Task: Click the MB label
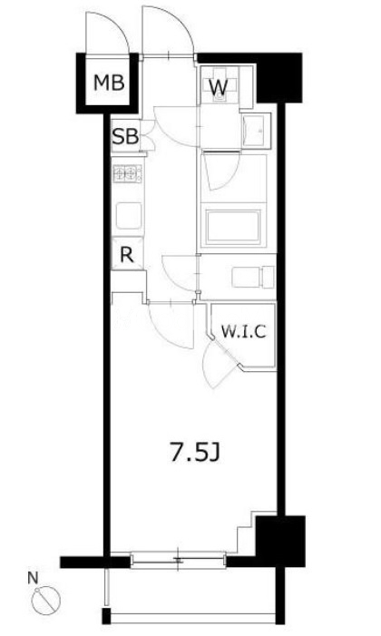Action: pyautogui.click(x=109, y=83)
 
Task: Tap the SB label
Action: pyautogui.click(x=126, y=137)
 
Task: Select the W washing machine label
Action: pyautogui.click(x=219, y=86)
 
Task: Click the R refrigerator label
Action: pyautogui.click(x=127, y=255)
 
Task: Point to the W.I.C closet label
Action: pyautogui.click(x=243, y=331)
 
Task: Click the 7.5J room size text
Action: pyautogui.click(x=195, y=452)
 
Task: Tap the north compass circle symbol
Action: pyautogui.click(x=46, y=599)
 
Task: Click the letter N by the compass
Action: pyautogui.click(x=33, y=577)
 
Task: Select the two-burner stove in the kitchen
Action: pyautogui.click(x=128, y=173)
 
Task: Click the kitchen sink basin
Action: pyautogui.click(x=129, y=215)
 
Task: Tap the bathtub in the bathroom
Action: pyautogui.click(x=233, y=227)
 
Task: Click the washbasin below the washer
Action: pyautogui.click(x=255, y=131)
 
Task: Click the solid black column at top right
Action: pyautogui.click(x=279, y=77)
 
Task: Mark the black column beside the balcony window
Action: pyautogui.click(x=280, y=541)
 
